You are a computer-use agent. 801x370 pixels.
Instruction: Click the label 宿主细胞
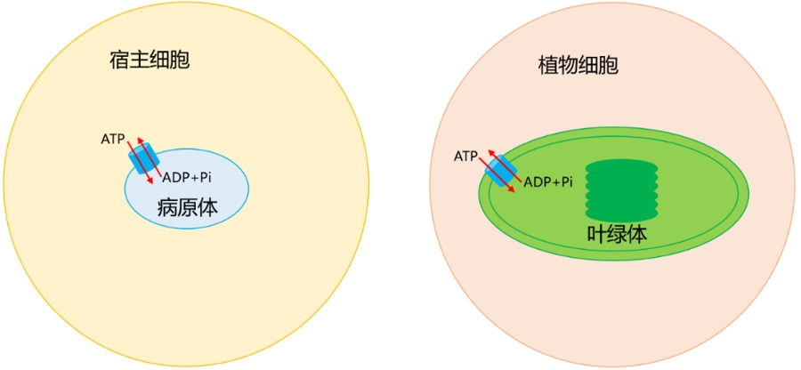click(x=150, y=60)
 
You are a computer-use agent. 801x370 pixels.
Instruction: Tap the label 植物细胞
click(x=578, y=65)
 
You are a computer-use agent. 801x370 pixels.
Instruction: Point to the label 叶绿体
click(x=617, y=233)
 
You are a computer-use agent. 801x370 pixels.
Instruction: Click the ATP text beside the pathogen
click(x=112, y=139)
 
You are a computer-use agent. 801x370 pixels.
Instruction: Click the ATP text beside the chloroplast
click(x=465, y=155)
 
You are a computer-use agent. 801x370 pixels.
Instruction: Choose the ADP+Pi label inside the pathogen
click(x=187, y=177)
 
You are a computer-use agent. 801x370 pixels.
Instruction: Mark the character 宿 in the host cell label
click(x=119, y=60)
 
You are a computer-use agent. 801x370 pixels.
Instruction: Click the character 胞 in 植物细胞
click(x=610, y=65)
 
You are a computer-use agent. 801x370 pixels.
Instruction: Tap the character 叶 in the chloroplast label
click(x=596, y=233)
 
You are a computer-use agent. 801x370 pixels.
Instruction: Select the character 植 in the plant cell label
click(x=548, y=65)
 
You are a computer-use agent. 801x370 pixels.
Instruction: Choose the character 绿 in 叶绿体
click(x=617, y=233)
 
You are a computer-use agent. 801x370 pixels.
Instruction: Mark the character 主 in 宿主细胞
click(x=140, y=60)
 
